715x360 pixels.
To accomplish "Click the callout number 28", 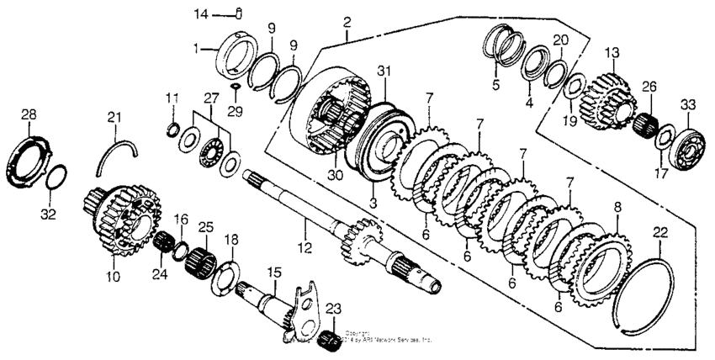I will pos(29,114).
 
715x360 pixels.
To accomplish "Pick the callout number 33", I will pos(689,105).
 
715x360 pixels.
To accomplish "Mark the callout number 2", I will pos(346,29).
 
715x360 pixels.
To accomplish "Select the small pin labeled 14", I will pos(239,12).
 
